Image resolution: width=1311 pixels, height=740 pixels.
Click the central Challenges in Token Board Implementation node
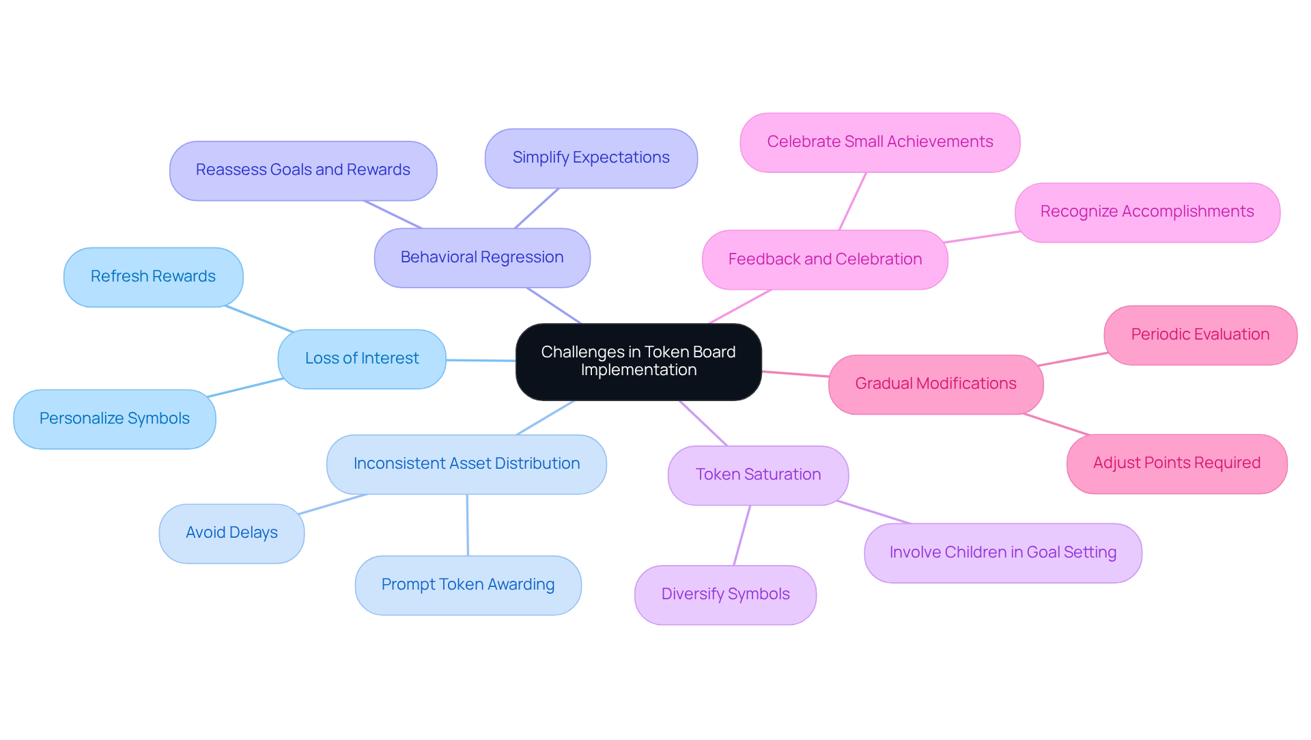[x=638, y=361]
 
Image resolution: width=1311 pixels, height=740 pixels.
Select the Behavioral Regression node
[x=482, y=258]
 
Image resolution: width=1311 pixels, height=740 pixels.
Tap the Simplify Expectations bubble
[x=591, y=158]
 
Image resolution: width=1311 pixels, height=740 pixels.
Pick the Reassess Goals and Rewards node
[x=303, y=170]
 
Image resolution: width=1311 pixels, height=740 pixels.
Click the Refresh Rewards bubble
[x=153, y=277]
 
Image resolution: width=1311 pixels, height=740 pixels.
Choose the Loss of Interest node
[x=362, y=359]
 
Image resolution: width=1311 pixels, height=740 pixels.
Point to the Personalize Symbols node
[x=115, y=419]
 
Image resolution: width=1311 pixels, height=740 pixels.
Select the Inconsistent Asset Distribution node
[x=466, y=464]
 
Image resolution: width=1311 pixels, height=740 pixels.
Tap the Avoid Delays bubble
[x=231, y=533]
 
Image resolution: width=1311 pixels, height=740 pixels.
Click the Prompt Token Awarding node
[x=468, y=585]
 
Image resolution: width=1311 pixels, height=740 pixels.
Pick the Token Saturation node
[x=758, y=475]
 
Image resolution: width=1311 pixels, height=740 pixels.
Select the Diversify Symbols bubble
[x=725, y=594]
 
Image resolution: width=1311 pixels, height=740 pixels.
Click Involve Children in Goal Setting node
[x=1002, y=553]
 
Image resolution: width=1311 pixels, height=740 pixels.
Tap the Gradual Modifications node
[x=935, y=384]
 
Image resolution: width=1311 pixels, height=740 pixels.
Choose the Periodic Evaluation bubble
[x=1200, y=335]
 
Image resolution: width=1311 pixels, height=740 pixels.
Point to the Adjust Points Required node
[x=1176, y=463]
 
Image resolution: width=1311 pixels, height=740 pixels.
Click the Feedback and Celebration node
[x=825, y=260]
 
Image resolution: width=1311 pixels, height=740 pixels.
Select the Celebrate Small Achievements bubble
[x=879, y=142]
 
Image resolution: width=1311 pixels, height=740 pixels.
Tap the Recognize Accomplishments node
[x=1146, y=212]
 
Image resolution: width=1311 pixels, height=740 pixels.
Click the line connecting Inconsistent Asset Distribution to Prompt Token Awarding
[x=468, y=525]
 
